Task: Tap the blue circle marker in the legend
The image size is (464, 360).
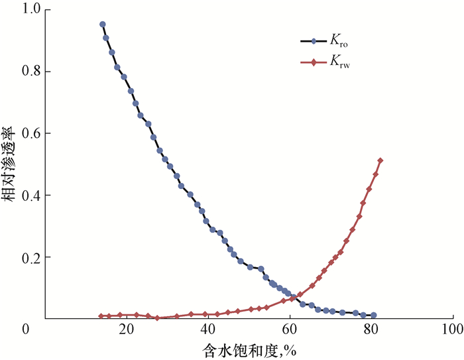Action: pyautogui.click(x=314, y=42)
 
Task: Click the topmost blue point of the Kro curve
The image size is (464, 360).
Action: pyautogui.click(x=103, y=25)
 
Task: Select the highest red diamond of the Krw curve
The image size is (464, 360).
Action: pyautogui.click(x=380, y=160)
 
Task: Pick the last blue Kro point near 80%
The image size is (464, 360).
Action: pyautogui.click(x=374, y=316)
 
